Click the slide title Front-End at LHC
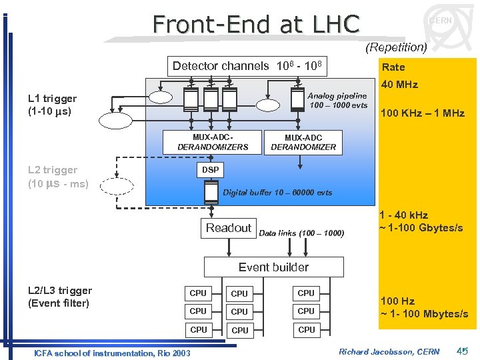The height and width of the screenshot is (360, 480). coord(256,24)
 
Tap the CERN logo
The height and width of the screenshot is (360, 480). coord(441,26)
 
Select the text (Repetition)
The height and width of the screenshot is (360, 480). coord(396,47)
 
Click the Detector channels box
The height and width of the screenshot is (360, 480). coord(247,66)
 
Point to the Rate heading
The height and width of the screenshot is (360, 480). coord(393,67)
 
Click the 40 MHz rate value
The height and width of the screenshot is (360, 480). coord(399,85)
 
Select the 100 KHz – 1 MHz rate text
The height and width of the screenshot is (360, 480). coord(422,113)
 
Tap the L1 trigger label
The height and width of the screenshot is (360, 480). coord(52,99)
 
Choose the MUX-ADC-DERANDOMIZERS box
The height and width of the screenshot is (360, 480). coord(213,142)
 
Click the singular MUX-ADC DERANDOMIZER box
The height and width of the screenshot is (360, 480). coord(303,142)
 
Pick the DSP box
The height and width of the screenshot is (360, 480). coord(210,170)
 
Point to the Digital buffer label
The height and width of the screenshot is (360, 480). coord(277,193)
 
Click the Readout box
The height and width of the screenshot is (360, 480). coord(229,228)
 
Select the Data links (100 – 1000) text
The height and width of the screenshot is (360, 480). coord(301,233)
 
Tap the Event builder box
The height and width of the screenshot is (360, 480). coord(273,267)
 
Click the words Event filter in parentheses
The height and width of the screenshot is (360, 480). coord(58,303)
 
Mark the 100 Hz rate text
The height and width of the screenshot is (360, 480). coord(397,301)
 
